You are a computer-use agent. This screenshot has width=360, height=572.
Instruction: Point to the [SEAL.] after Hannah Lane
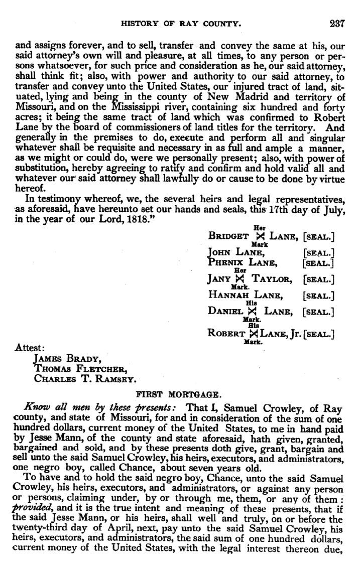[x=319, y=296]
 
